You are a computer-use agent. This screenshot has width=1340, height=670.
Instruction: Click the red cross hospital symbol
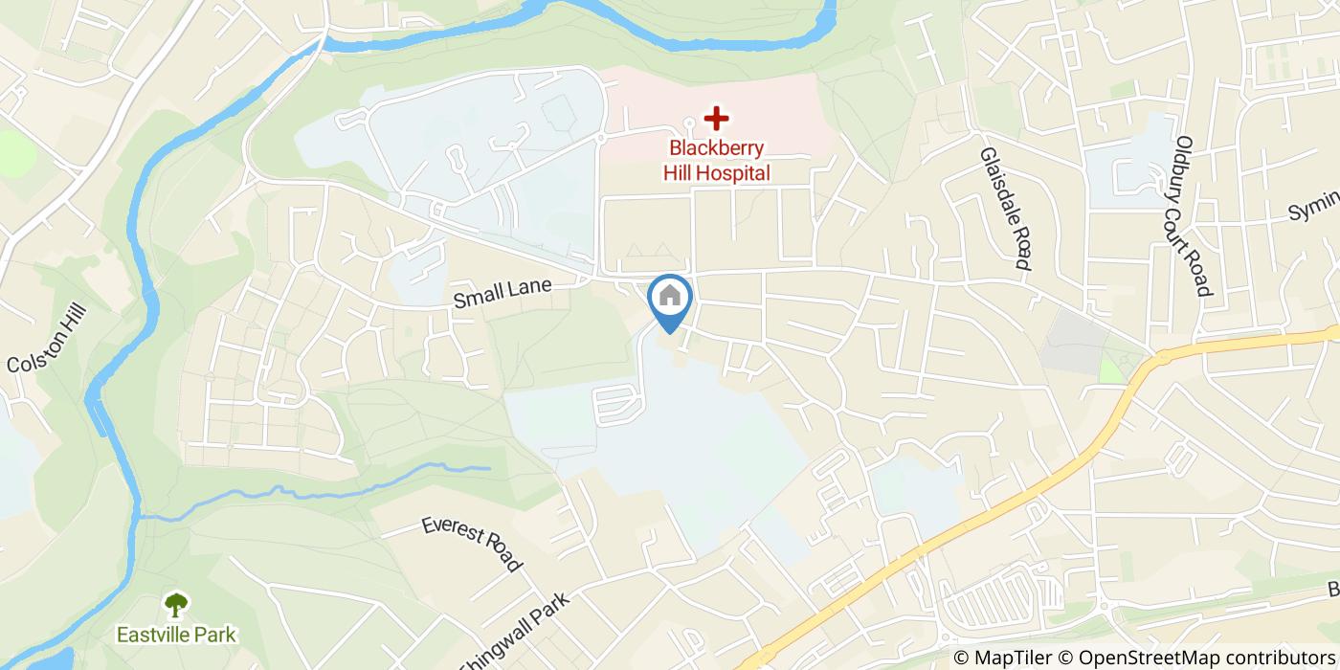[715, 119]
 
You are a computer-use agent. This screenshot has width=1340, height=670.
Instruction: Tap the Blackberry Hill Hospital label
[717, 161]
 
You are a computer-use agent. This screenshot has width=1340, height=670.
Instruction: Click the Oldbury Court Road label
[1194, 216]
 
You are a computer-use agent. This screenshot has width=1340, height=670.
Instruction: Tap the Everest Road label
[472, 545]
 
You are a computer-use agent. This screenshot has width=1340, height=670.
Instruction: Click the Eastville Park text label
[176, 635]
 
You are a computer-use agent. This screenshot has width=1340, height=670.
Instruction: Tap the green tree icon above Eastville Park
[176, 604]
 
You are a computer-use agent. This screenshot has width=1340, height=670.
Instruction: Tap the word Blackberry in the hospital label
[717, 148]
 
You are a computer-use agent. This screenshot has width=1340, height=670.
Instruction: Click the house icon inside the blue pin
[670, 296]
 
